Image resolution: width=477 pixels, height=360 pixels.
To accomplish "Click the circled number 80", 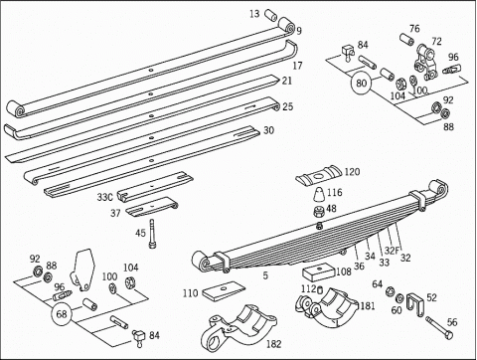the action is tap(361, 83).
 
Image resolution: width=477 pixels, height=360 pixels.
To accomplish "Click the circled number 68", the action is tap(62, 314).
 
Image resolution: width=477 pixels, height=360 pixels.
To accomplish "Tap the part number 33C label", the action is tap(105, 197).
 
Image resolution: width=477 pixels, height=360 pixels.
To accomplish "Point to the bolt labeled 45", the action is tap(153, 234).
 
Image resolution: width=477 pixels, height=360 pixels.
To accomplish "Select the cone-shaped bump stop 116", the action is tap(319, 194).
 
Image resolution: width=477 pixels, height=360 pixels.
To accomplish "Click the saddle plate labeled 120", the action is tap(319, 175).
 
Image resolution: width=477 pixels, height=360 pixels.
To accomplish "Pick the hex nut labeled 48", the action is tap(319, 211).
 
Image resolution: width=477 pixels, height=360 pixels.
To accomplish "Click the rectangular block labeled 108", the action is tap(318, 272).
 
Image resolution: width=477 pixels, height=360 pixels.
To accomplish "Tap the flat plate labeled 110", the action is tap(224, 291).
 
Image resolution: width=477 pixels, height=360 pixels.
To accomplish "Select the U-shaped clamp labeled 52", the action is tap(415, 304).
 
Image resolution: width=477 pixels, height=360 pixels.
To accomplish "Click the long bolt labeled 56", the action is tap(439, 328).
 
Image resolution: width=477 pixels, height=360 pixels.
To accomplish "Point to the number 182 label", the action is tap(273, 344).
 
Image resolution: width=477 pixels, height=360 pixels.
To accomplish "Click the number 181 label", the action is tap(368, 305).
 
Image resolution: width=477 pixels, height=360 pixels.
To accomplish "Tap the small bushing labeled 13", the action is tap(271, 15).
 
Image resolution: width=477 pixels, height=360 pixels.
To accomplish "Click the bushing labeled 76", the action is tap(407, 39).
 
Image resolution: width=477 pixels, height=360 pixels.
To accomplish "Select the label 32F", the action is tap(393, 251).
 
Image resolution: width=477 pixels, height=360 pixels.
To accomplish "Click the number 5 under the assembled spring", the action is tap(265, 275).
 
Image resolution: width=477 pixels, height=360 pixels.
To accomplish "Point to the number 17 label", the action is tap(297, 66).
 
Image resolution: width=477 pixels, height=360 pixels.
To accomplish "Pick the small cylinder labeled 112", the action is tap(320, 290).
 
